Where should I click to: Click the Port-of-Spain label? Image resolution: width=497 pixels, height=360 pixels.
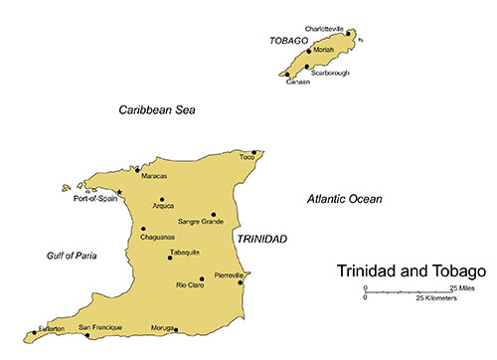(x=95, y=199)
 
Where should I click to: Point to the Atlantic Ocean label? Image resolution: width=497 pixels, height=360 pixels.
(x=344, y=200)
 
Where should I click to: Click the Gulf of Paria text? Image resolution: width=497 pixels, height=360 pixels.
(x=72, y=256)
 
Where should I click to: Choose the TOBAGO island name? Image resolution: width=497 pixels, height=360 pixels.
(x=289, y=42)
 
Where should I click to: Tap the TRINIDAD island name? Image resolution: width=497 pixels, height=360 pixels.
(x=261, y=240)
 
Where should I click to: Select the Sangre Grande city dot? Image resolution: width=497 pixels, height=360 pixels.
(x=213, y=214)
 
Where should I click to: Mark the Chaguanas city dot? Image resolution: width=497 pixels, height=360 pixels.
(x=143, y=229)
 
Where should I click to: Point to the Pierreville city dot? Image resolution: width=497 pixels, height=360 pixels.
(x=240, y=281)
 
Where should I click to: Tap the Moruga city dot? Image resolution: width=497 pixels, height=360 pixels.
(x=176, y=329)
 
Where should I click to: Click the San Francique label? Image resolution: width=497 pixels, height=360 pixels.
(x=100, y=327)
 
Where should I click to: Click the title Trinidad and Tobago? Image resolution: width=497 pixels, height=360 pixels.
(x=411, y=270)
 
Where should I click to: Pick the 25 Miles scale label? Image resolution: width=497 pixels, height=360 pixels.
(x=459, y=287)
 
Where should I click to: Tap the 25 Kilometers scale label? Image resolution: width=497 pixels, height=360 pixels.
(x=436, y=298)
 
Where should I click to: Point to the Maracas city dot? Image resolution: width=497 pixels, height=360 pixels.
(x=137, y=170)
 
